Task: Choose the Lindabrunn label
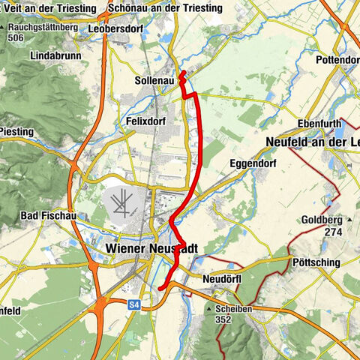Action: point(55,56)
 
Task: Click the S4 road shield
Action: point(133,304)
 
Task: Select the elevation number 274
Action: point(332,232)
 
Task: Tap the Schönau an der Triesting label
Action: point(165,7)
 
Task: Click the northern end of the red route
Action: point(183,72)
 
